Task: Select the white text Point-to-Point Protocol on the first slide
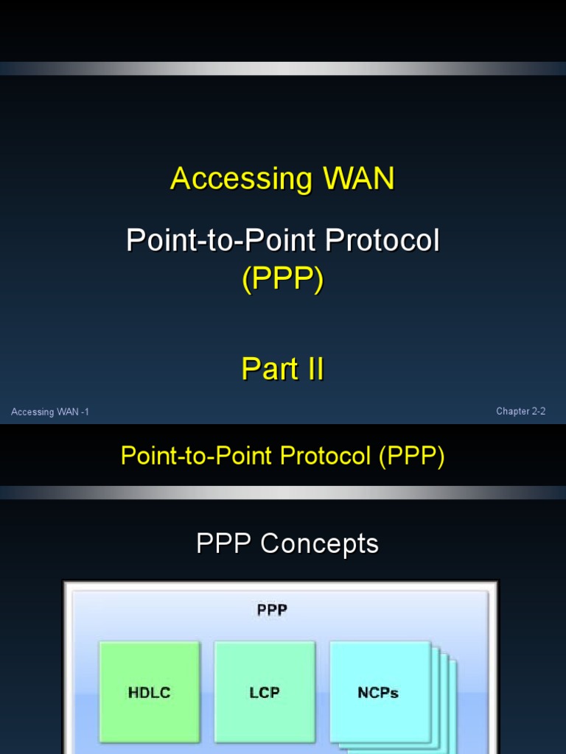282,241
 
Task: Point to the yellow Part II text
282,369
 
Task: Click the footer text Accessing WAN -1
50,412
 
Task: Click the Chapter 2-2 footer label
520,412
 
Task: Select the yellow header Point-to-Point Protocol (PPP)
282,457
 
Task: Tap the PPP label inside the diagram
272,610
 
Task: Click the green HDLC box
150,691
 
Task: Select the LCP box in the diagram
265,691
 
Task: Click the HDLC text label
150,692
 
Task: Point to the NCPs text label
378,692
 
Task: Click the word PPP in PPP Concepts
224,544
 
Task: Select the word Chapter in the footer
512,412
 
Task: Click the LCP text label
265,692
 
